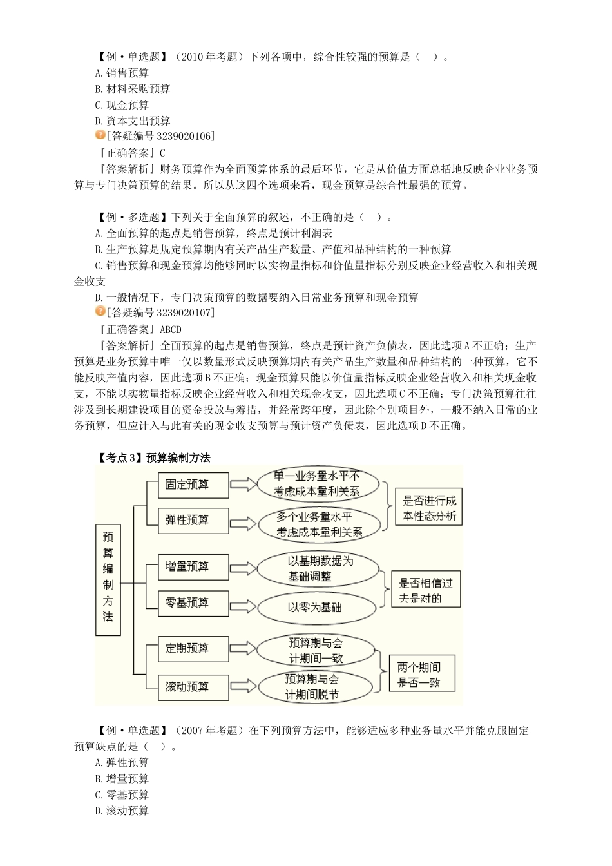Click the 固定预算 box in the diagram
193,485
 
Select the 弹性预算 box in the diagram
193,520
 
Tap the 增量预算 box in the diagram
193,567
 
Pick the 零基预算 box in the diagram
193,602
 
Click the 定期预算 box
193,649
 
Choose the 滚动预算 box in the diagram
193,687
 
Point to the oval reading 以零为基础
316,607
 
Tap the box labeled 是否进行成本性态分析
429,508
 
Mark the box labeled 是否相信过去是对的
425,590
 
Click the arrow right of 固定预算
243,485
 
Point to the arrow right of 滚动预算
243,687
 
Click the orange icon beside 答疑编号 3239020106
100,135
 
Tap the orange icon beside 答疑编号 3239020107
100,312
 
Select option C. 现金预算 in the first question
122,105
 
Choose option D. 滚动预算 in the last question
122,811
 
